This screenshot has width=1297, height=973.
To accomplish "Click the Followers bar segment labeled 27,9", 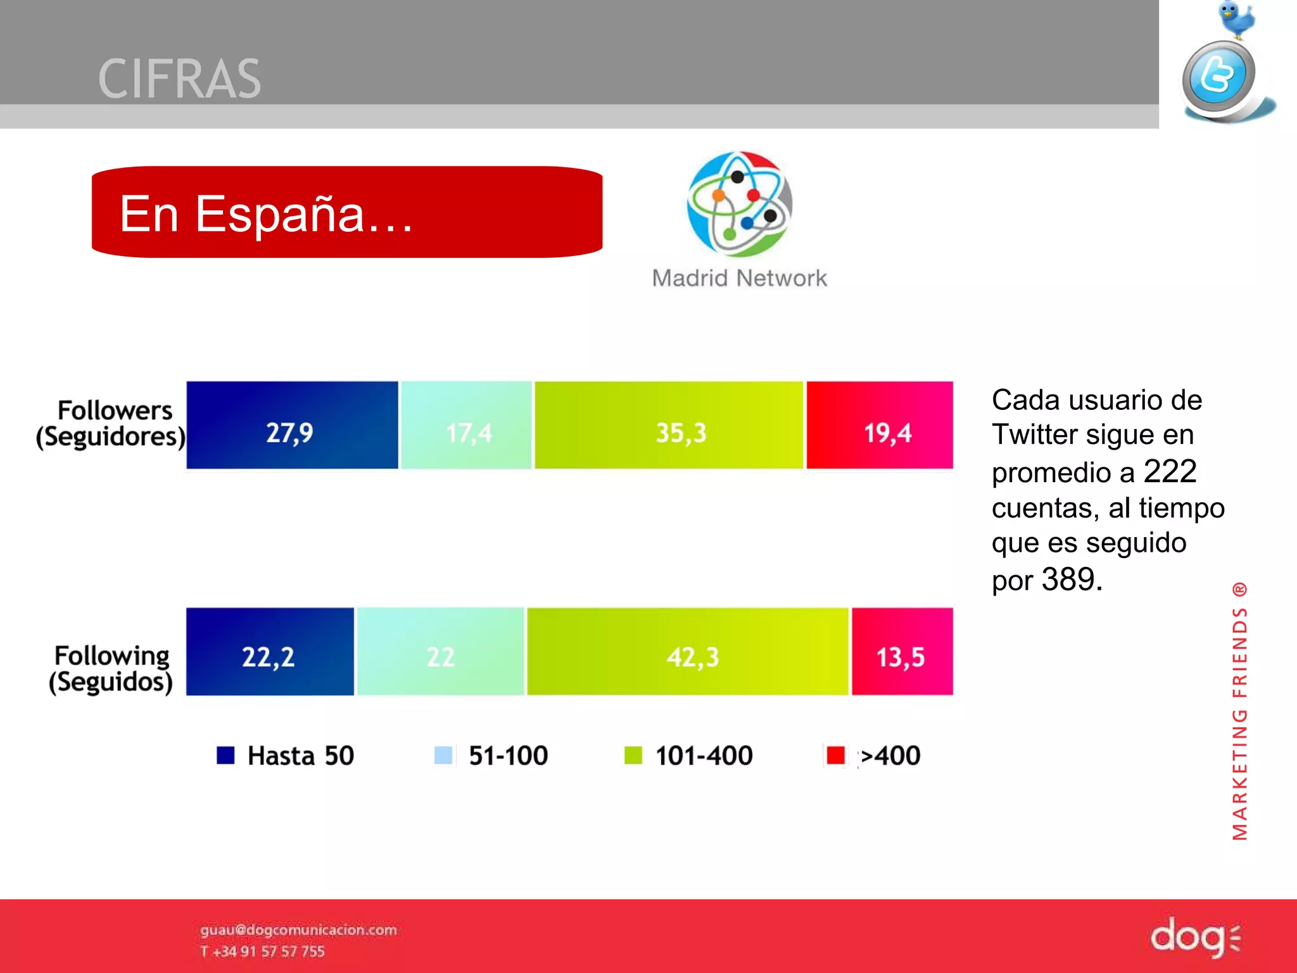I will click(292, 425).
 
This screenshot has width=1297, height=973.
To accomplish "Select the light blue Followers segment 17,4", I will click(466, 425).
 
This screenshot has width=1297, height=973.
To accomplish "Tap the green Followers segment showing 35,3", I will click(669, 425).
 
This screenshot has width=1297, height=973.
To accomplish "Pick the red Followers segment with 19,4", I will click(880, 425).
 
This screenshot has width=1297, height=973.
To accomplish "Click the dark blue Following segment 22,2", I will click(270, 651).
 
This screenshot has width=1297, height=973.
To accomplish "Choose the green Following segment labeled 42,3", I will click(688, 651).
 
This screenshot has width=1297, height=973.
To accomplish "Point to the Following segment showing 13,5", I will click(902, 651).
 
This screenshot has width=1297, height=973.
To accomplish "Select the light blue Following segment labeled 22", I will click(441, 651).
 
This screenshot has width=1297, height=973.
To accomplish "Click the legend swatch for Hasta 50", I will click(225, 755).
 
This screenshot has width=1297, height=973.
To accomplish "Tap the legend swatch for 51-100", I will click(443, 755).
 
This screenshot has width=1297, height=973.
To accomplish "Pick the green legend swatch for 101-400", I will click(633, 755).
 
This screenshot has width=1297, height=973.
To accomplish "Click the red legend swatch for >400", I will click(835, 755).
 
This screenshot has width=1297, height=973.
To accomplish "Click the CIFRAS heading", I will click(180, 79).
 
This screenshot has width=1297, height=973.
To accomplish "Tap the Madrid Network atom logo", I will click(739, 204).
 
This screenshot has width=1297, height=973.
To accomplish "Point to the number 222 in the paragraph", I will click(1170, 471).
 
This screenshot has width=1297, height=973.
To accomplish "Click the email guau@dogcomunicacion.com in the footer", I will click(298, 929).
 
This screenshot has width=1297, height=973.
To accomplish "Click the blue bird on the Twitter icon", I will click(1236, 19).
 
